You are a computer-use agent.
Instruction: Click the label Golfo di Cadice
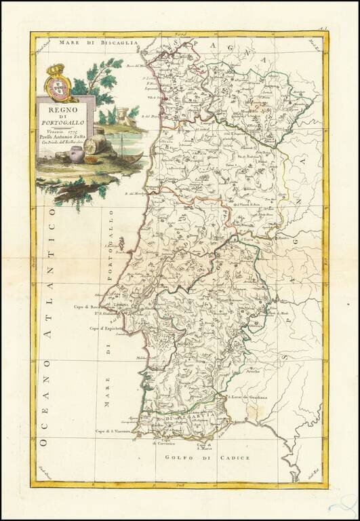coord(207,458)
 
